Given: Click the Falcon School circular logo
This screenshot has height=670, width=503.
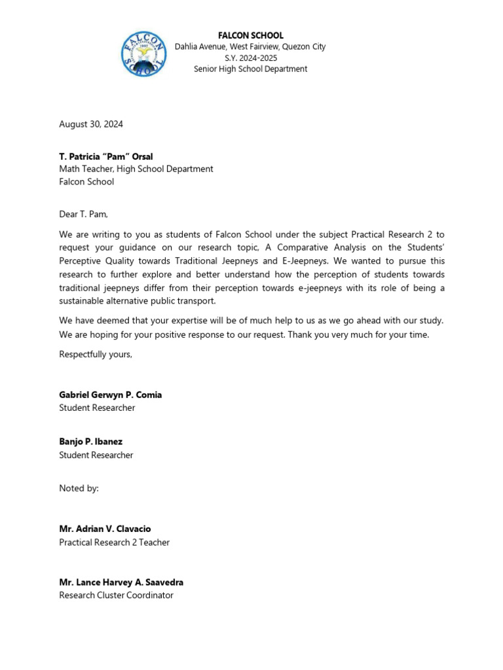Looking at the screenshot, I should click(x=143, y=54).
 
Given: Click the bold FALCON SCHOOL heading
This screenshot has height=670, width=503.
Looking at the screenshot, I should click(x=250, y=35).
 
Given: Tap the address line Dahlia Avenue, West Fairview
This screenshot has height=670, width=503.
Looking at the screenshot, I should click(x=250, y=46).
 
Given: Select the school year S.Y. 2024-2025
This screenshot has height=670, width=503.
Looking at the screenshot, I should click(x=250, y=58).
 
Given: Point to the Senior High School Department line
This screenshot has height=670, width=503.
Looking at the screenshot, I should click(x=250, y=69).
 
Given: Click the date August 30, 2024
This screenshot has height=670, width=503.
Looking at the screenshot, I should click(x=91, y=124).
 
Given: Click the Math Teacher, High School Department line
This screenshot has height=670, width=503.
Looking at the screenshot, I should click(x=136, y=169).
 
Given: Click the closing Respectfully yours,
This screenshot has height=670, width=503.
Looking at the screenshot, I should click(x=96, y=354).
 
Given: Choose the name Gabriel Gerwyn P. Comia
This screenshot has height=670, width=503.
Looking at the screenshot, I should click(x=111, y=395).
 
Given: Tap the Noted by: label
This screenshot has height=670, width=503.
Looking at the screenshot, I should click(x=79, y=488).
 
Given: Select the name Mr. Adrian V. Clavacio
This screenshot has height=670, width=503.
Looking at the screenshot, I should click(x=105, y=529).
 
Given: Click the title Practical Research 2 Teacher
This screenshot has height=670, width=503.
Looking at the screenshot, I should click(x=115, y=542).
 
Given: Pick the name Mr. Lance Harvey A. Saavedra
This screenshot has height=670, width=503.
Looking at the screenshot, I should click(x=121, y=582).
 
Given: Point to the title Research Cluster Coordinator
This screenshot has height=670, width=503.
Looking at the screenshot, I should click(x=117, y=595).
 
